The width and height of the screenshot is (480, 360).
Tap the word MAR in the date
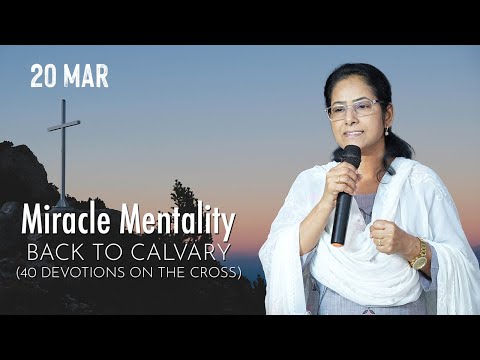89,76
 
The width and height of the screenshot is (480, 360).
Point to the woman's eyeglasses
352,109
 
